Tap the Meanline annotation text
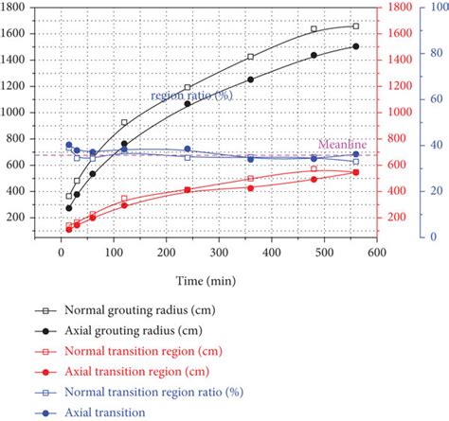337,144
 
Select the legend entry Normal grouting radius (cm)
133,309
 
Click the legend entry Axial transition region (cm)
133,372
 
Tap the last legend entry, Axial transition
104,412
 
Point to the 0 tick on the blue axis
435,237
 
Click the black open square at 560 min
355,26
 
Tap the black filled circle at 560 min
355,46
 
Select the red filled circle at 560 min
355,172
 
